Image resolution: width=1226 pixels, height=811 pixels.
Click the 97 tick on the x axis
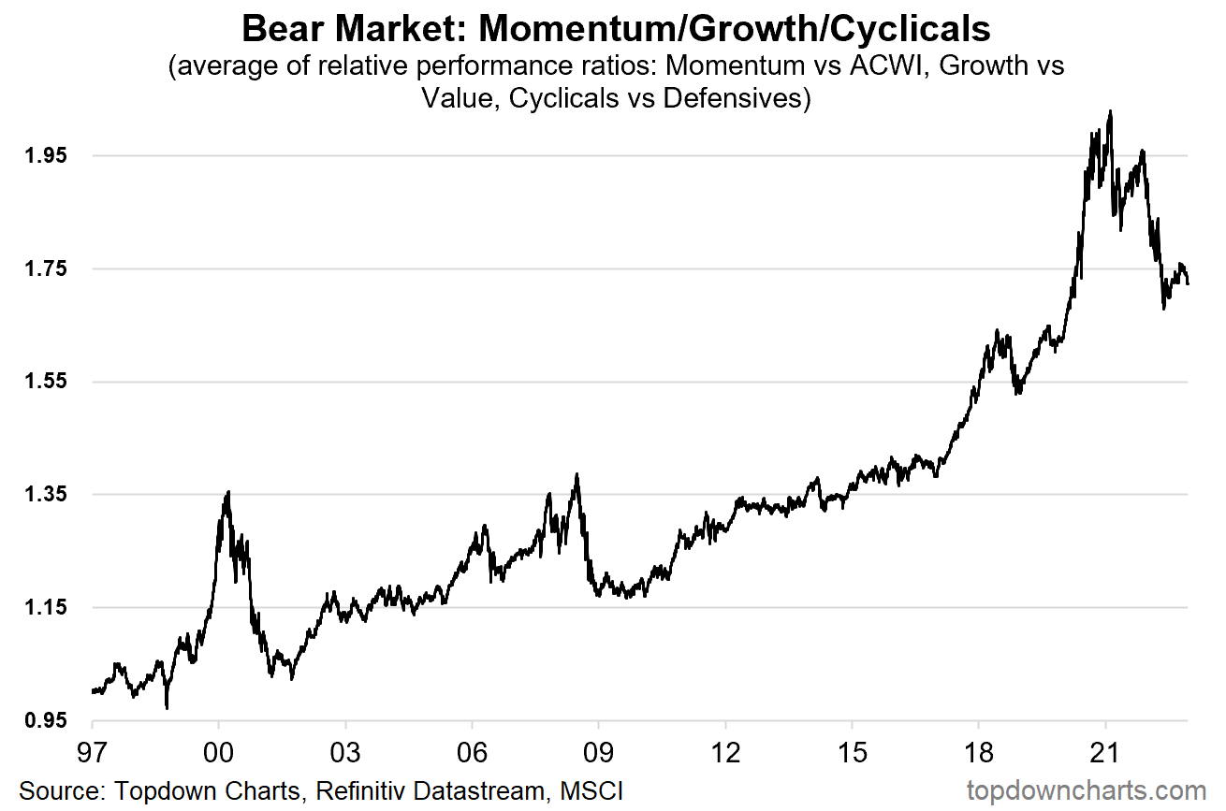point(92,753)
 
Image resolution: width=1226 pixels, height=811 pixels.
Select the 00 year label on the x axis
point(218,753)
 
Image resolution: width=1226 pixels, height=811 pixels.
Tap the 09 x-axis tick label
point(598,753)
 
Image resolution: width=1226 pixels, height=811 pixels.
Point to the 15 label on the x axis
point(852,753)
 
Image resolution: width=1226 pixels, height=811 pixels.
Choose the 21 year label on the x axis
point(1105,753)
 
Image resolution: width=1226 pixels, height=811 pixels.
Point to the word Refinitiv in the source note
point(366,790)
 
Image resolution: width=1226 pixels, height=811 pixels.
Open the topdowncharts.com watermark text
point(1086,790)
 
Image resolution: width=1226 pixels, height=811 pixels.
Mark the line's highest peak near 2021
point(1110,111)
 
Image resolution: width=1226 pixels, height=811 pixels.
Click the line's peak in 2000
point(228,492)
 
